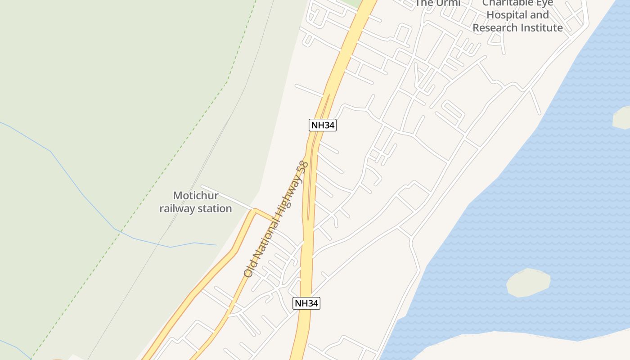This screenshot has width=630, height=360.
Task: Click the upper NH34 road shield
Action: [323, 125]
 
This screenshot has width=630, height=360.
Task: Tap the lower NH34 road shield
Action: [306, 303]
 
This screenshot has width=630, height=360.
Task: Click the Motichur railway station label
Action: [196, 202]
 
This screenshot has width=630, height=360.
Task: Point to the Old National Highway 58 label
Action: [276, 219]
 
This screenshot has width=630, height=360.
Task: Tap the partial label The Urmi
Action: [437, 4]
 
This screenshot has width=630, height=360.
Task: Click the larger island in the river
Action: [528, 283]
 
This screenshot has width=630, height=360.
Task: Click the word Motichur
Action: [196, 196]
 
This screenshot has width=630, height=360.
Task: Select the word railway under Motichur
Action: [176, 209]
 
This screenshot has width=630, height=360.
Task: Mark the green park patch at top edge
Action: [351, 3]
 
